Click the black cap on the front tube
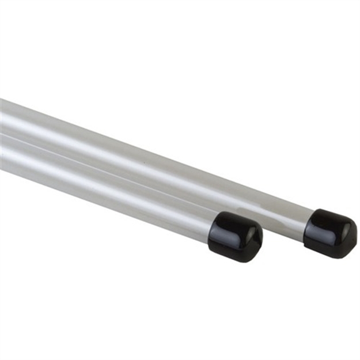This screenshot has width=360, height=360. [236, 236]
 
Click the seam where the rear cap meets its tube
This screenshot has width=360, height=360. [308, 225]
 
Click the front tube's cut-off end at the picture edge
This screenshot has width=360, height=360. [2, 153]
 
